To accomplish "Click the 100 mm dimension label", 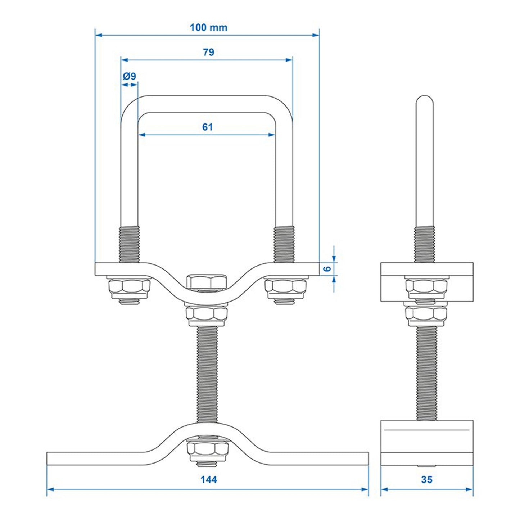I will tap(208, 27).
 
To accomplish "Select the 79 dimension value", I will tap(208, 52).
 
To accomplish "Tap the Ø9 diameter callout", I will tap(129, 76).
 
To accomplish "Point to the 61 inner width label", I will tap(207, 127).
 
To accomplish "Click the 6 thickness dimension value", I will tap(327, 268).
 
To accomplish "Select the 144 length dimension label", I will tap(209, 479).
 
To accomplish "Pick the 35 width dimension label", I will tap(426, 479).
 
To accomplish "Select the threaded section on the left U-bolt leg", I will tap(129, 244).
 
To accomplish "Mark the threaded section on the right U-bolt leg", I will tap(284, 244).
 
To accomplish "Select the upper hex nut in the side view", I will tap(426, 287).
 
